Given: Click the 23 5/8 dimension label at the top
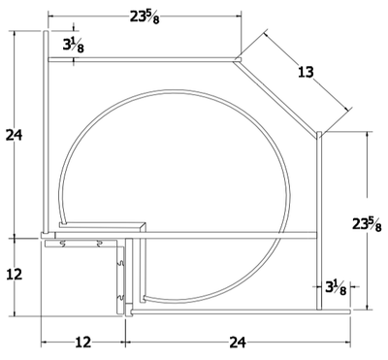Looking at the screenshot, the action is [x=145, y=17].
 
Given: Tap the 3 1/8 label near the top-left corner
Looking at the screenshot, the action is [x=73, y=46].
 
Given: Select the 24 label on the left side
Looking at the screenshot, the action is [x=14, y=135].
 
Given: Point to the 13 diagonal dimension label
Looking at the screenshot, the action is [x=306, y=72].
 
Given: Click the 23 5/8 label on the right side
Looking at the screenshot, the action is [x=367, y=224].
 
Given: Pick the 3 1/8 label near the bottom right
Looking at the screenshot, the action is [x=336, y=287].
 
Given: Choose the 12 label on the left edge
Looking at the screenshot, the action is [x=15, y=275].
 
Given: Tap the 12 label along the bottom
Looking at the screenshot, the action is [x=83, y=343].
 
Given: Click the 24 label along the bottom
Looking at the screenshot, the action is [x=238, y=343].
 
